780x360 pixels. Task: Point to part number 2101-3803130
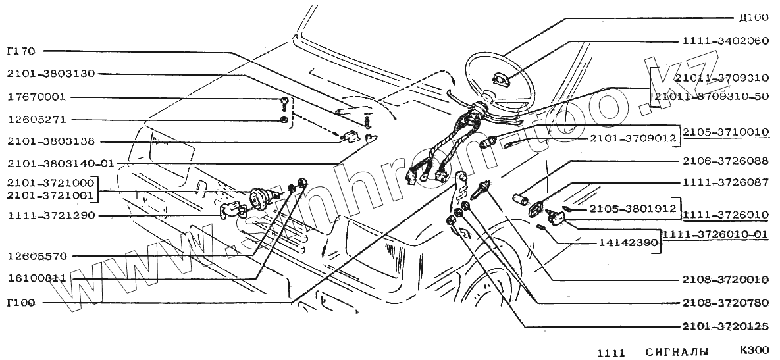tap(51, 74)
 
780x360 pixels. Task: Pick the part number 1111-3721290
tap(51, 215)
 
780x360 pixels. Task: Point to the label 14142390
tap(629, 243)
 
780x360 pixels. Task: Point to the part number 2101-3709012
tap(633, 138)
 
